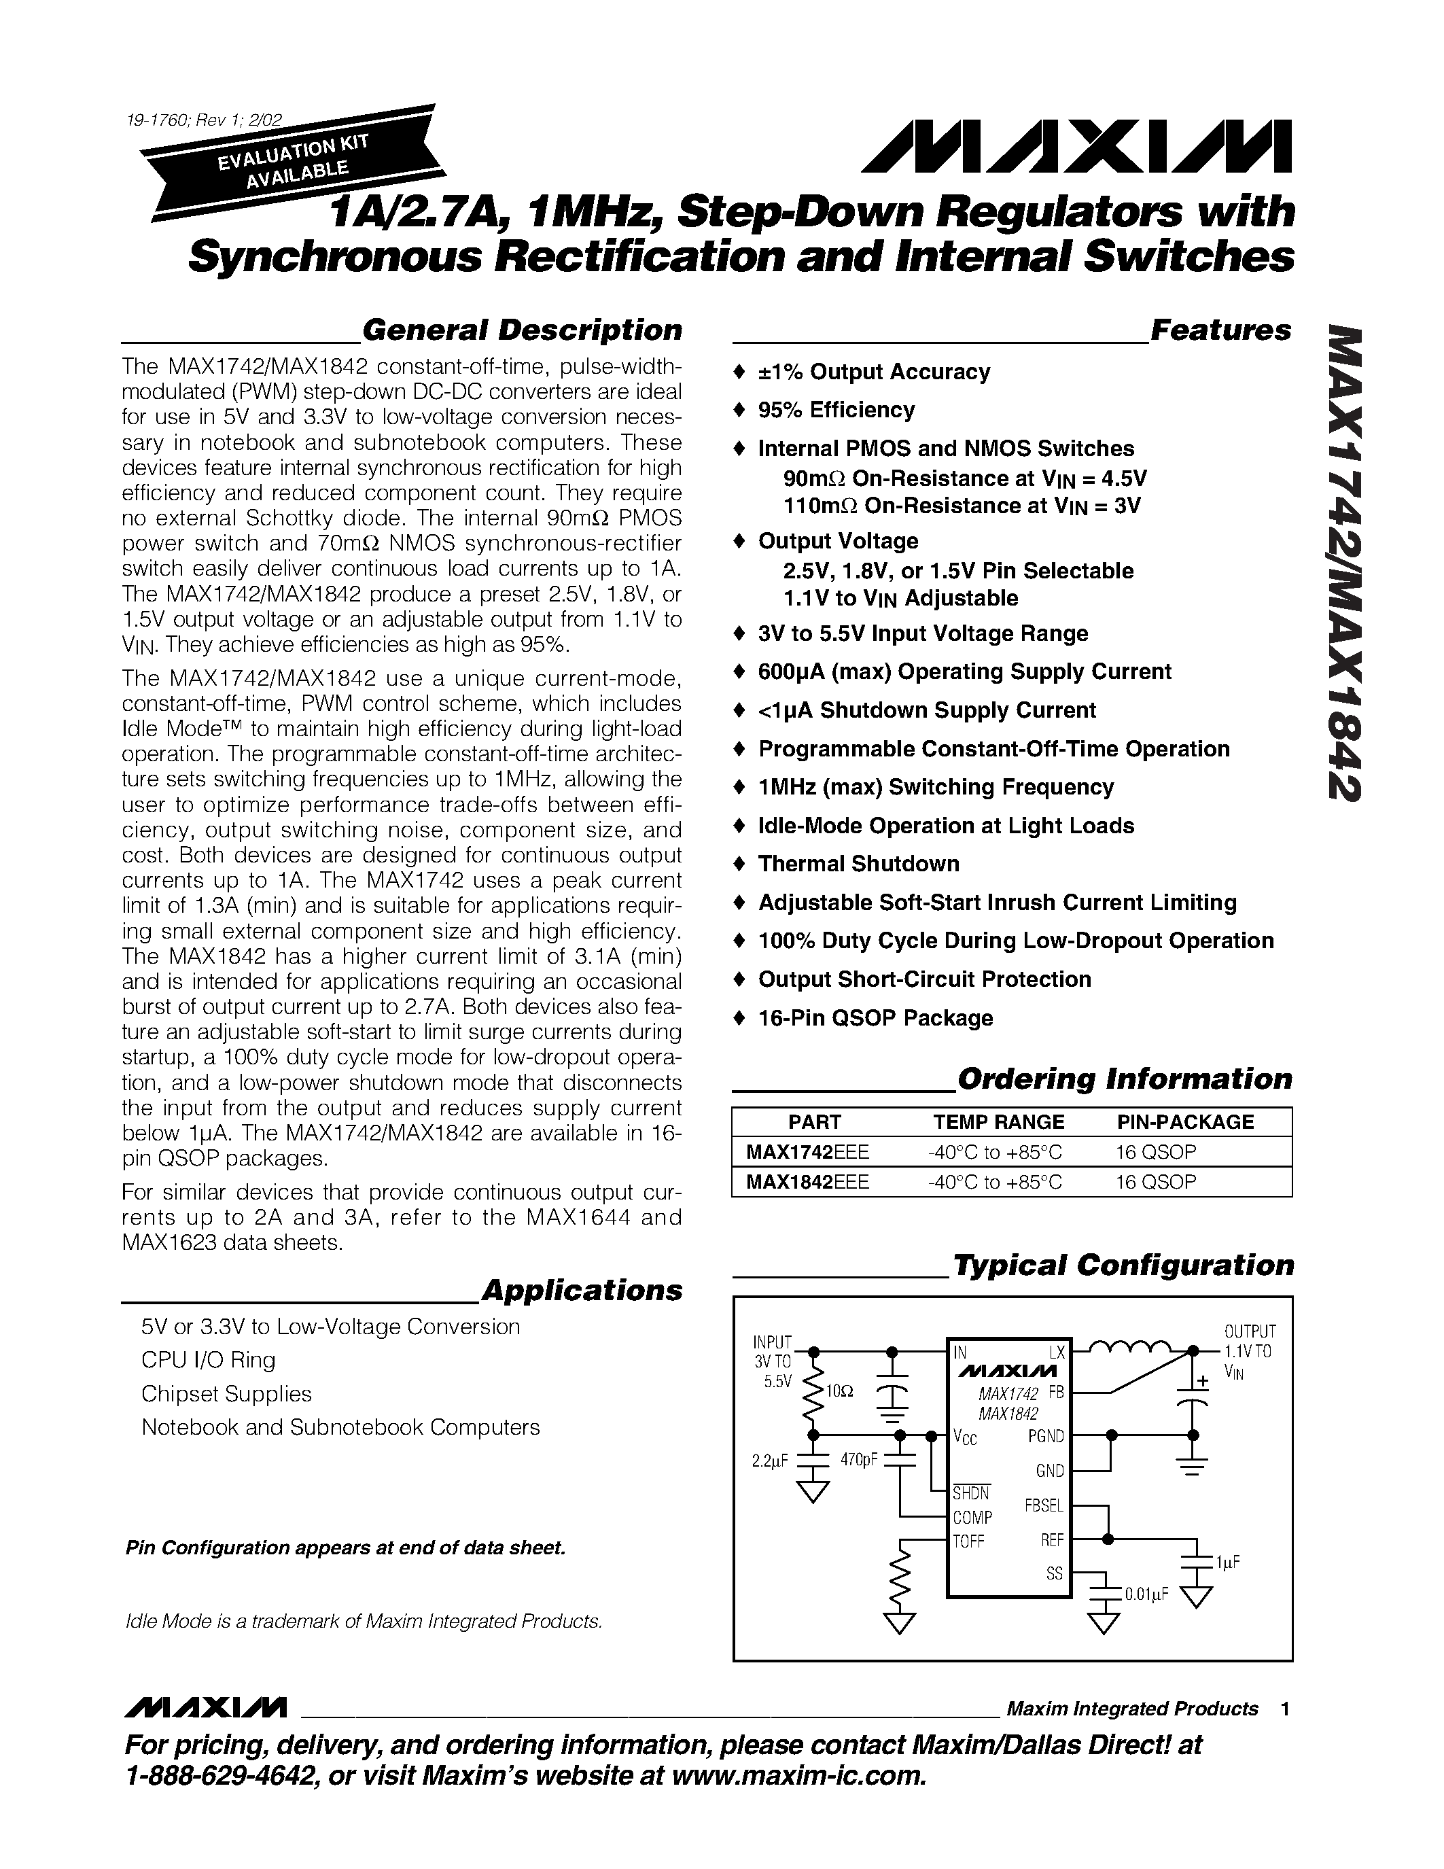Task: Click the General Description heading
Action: (x=521, y=330)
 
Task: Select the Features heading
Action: (x=1220, y=330)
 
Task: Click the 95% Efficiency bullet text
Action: (x=836, y=410)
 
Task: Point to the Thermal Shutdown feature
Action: (x=858, y=863)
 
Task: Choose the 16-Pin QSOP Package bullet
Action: (x=875, y=1017)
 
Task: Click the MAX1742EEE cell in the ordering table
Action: (x=807, y=1152)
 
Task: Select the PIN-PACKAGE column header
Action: (x=1185, y=1122)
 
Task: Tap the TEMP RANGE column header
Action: (x=998, y=1122)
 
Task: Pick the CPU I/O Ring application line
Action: (x=208, y=1360)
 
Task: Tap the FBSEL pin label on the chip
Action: (x=1043, y=1505)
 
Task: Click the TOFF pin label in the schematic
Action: (x=969, y=1541)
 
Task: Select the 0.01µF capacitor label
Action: (x=1146, y=1594)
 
